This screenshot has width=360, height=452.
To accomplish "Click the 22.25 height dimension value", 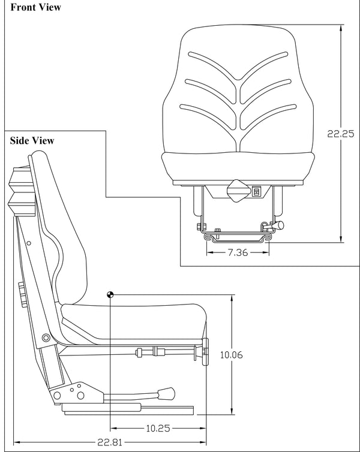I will (340, 134).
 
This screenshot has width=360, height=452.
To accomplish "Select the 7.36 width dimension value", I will (238, 252).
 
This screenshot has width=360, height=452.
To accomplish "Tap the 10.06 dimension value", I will (231, 355).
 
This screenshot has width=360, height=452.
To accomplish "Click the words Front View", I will (35, 8).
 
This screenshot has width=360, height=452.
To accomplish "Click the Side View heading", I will (32, 140).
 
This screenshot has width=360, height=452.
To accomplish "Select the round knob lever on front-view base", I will (278, 225).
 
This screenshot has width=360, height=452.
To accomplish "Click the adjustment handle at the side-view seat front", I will (205, 352).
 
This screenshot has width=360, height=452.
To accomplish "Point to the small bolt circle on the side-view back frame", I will (27, 243).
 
